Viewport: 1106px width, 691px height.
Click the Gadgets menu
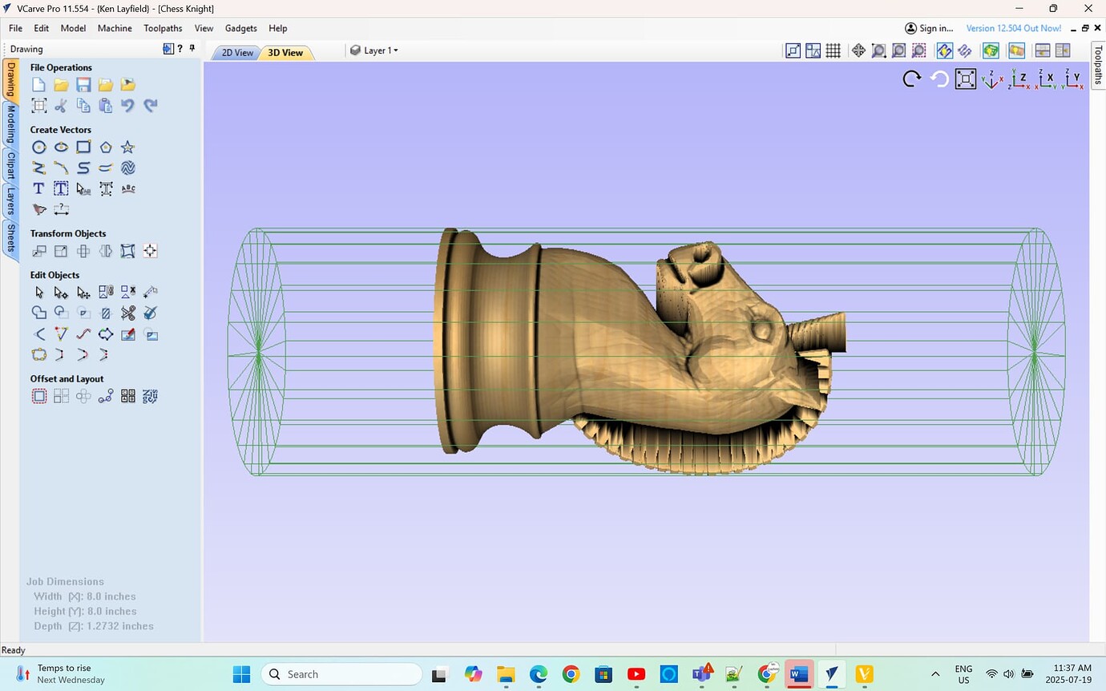point(240,28)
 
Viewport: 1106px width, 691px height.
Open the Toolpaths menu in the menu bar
point(163,28)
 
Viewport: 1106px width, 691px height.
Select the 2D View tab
point(237,53)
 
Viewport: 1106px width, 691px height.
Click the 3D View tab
point(285,53)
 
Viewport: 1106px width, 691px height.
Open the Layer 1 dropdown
point(374,51)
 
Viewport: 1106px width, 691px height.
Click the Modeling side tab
point(11,123)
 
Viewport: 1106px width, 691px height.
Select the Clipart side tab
point(11,166)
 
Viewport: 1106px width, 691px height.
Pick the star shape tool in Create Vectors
point(127,147)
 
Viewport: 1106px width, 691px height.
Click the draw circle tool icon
point(38,147)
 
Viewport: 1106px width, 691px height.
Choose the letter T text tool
point(38,188)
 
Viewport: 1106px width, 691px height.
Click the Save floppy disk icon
point(83,85)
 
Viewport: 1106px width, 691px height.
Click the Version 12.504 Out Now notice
point(1013,28)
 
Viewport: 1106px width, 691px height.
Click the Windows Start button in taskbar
point(241,674)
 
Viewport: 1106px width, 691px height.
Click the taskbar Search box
point(341,674)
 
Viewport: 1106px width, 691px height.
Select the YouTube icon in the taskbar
point(636,674)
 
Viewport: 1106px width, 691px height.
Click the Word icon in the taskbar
point(798,674)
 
